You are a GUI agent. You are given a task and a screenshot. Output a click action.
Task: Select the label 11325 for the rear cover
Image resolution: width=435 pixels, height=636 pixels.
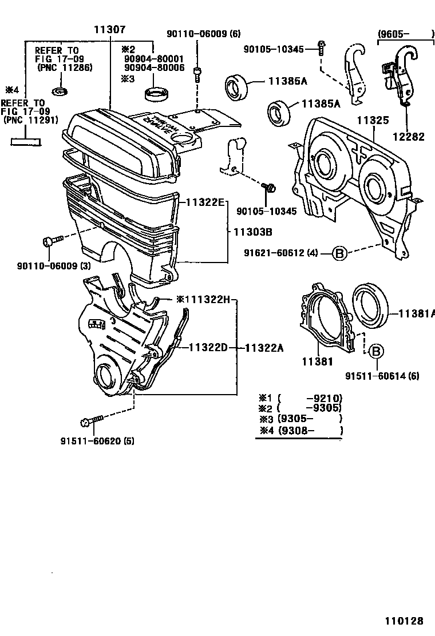(373, 121)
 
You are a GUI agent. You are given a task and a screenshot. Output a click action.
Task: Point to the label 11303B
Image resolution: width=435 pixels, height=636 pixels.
(252, 232)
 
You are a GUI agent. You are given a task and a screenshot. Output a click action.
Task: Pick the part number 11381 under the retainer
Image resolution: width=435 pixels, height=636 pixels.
(316, 361)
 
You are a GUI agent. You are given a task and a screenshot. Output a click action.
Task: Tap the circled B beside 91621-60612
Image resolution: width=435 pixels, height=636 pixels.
(339, 253)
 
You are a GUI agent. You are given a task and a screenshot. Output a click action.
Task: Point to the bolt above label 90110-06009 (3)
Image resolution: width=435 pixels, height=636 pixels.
(50, 242)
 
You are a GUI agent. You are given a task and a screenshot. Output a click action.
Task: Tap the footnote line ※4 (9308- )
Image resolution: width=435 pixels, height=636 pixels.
(300, 431)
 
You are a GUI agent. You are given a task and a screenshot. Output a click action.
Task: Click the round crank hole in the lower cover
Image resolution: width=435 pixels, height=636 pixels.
(106, 375)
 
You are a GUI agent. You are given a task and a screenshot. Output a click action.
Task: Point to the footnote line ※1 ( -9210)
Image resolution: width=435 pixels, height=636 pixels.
(300, 398)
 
